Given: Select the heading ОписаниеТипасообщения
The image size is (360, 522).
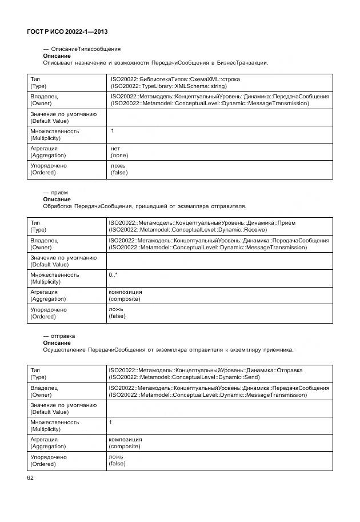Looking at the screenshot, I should pyautogui.click(x=82, y=49).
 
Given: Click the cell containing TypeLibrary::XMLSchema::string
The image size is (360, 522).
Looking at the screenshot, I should pyautogui.click(x=169, y=82).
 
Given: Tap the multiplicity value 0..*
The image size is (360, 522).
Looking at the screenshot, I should pyautogui.click(x=113, y=275).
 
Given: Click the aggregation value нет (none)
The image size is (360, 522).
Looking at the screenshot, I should pyautogui.click(x=119, y=152).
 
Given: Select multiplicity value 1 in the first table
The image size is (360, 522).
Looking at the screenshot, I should pyautogui.click(x=113, y=131).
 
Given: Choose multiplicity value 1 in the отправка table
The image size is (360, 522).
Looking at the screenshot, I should pyautogui.click(x=110, y=421).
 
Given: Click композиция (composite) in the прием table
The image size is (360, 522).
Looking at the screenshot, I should pyautogui.click(x=125, y=295).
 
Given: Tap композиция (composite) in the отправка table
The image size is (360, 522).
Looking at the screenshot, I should pyautogui.click(x=125, y=443).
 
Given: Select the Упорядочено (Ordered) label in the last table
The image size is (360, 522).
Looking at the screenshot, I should pyautogui.click(x=48, y=461).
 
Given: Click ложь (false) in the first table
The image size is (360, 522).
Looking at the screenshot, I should pyautogui.click(x=119, y=169).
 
